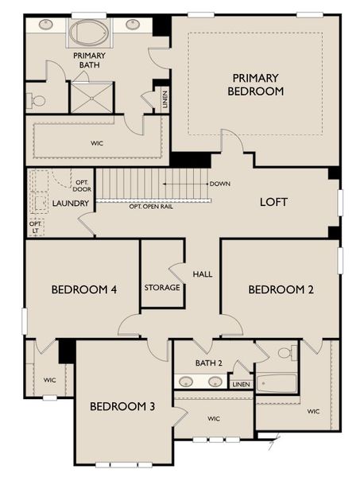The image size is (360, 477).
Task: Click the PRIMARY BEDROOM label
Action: pyautogui.click(x=255, y=84)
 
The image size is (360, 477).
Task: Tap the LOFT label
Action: pyautogui.click(x=273, y=202)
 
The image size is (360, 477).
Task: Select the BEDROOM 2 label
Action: pyautogui.click(x=281, y=289)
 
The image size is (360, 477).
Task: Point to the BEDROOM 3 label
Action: pyautogui.click(x=122, y=406)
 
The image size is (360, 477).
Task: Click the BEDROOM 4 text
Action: pyautogui.click(x=84, y=289)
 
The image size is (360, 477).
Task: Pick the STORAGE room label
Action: pyautogui.click(x=162, y=287)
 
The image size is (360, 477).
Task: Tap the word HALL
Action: pyautogui.click(x=203, y=273)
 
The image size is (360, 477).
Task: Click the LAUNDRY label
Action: pyautogui.click(x=70, y=204)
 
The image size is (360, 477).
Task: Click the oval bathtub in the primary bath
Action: pyautogui.click(x=85, y=33)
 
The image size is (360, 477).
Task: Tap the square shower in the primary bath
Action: pyautogui.click(x=92, y=97)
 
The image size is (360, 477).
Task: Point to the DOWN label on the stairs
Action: pyautogui.click(x=220, y=184)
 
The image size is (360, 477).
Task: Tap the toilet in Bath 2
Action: pyautogui.click(x=286, y=352)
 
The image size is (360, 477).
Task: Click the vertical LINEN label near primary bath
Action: pyautogui.click(x=165, y=100)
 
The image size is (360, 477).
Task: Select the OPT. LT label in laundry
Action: pyautogui.click(x=35, y=227)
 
